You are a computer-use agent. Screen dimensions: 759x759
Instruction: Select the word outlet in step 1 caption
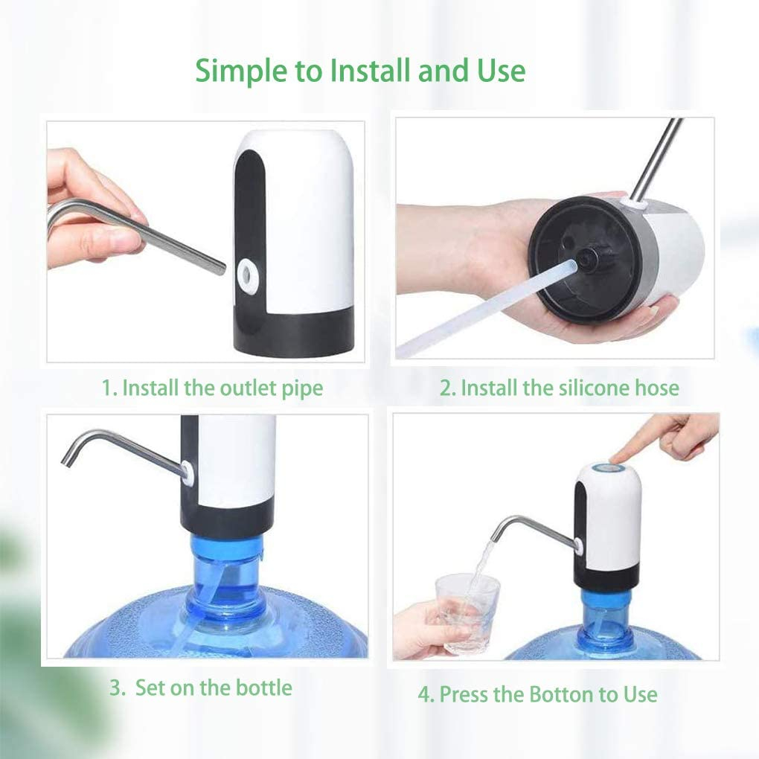(248, 388)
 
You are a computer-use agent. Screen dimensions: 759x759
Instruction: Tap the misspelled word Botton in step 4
(562, 694)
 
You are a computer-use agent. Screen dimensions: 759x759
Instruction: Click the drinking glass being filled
(467, 613)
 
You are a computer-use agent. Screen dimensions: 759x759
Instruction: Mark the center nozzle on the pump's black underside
(587, 260)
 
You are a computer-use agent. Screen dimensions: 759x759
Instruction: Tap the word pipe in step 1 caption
(303, 389)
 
